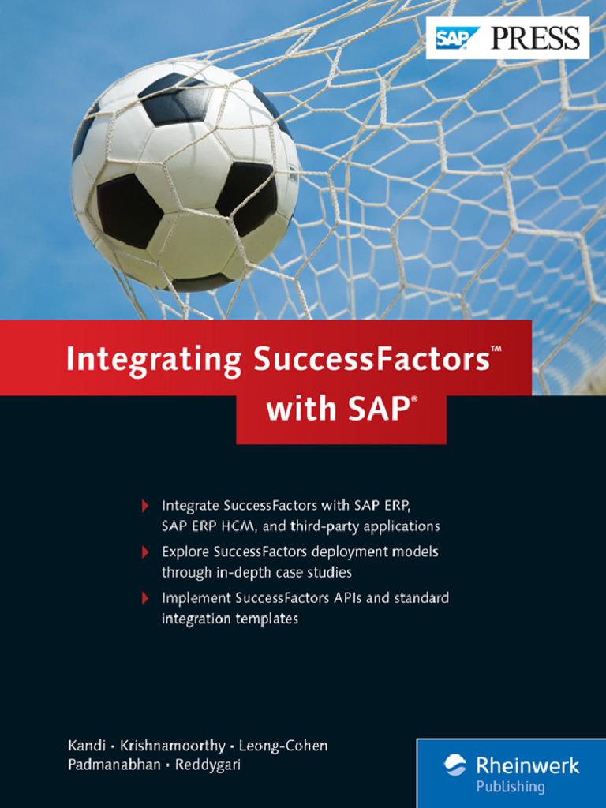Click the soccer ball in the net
[185, 174]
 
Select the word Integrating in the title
[153, 360]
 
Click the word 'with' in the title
[297, 410]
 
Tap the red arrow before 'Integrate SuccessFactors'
[144, 505]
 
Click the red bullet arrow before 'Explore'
[144, 552]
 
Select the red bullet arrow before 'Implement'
[144, 598]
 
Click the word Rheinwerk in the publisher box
[527, 765]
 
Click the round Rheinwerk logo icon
[455, 765]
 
